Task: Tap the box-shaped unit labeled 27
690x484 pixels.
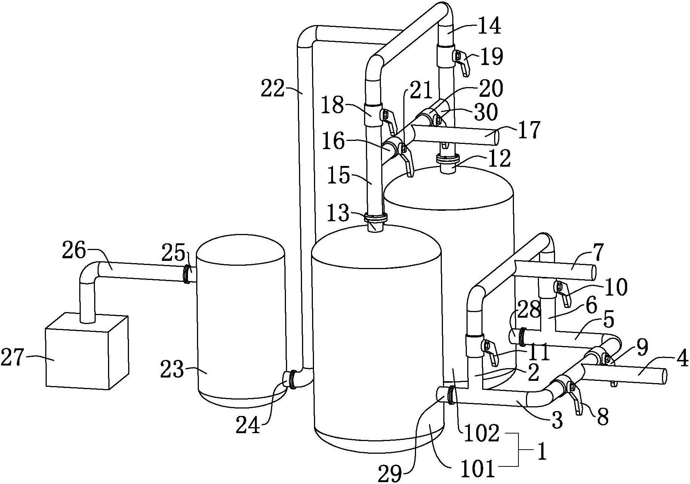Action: tap(87, 351)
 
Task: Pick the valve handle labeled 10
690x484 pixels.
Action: tap(563, 293)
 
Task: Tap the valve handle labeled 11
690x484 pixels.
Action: tap(490, 352)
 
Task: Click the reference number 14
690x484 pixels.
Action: tap(489, 27)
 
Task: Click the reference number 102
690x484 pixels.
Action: tap(481, 434)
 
